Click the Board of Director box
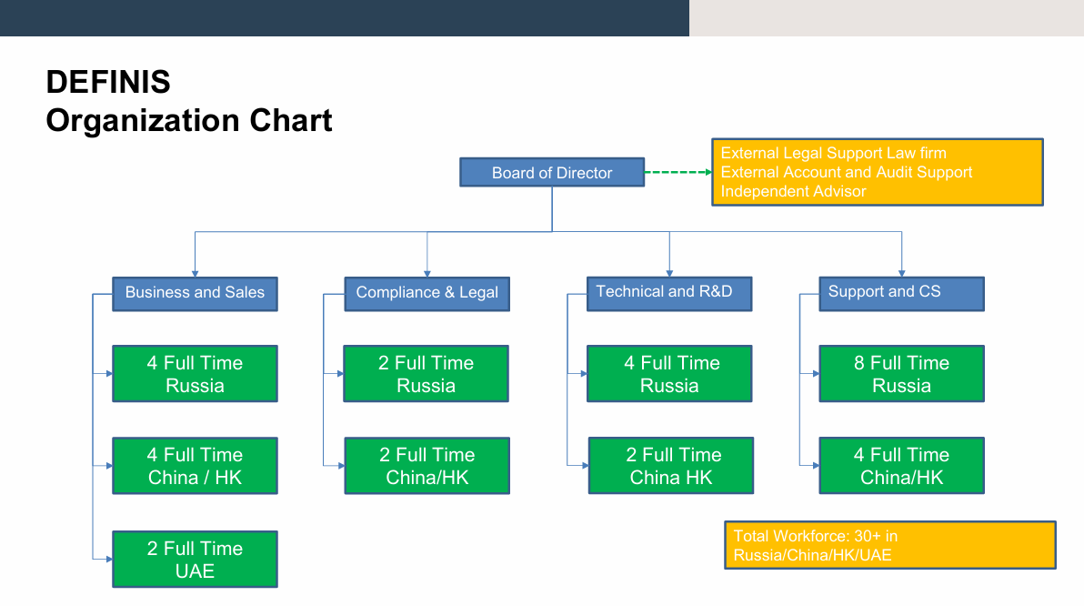(552, 172)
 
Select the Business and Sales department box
(195, 294)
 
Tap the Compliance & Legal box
(427, 294)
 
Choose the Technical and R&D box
(669, 294)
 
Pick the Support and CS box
(901, 294)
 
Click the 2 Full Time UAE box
(195, 559)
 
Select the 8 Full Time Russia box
(901, 374)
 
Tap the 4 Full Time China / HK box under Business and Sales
(195, 466)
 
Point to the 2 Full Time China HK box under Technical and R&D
(670, 466)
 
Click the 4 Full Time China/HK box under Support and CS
(901, 466)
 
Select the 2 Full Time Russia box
(426, 374)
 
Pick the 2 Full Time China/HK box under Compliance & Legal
(427, 466)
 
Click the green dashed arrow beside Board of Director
(678, 172)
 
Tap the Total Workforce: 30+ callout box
(890, 545)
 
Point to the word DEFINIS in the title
(108, 82)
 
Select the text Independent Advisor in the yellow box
(793, 192)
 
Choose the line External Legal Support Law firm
(833, 153)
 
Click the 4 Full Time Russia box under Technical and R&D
(669, 374)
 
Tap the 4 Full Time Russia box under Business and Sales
(195, 374)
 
